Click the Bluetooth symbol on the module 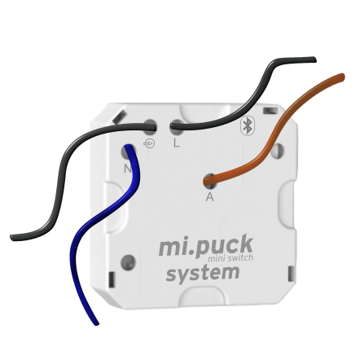coord(248,125)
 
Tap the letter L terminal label coord(177,143)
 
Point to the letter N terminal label coord(127,169)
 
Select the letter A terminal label coord(209,196)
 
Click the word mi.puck coord(206,245)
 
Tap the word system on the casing coord(203,274)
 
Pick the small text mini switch coord(230,258)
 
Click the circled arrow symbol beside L coord(150,143)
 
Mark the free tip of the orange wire coord(342,77)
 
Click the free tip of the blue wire coord(96,323)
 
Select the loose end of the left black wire coord(12,237)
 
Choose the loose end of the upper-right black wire coord(314,59)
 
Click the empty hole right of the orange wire coord(277,151)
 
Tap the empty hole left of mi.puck coord(128,262)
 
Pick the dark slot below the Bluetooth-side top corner coord(270,110)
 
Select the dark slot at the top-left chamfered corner coord(119,117)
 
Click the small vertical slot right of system coord(290,274)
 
